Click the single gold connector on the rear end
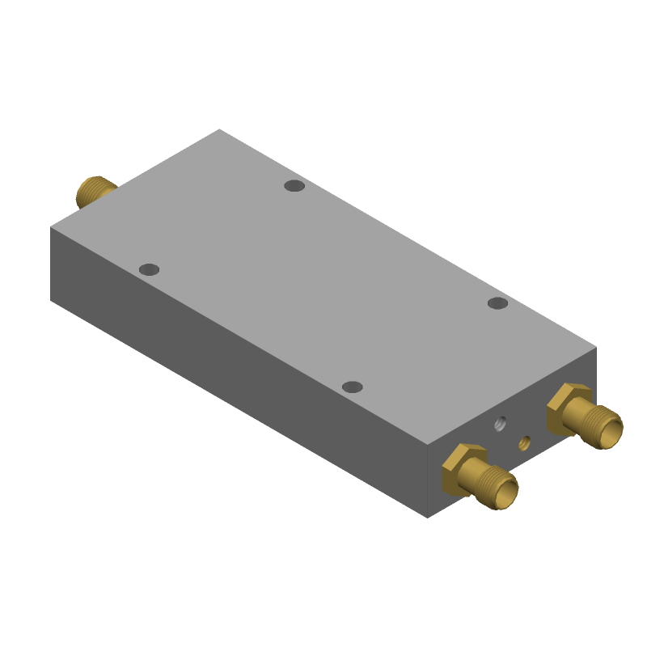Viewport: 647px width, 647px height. pos(95,192)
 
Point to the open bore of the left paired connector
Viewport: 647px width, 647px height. pos(506,492)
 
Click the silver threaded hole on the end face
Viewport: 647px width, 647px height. pos(501,423)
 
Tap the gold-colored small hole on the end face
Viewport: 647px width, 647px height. pos(524,442)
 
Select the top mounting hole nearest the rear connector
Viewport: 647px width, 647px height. pos(149,269)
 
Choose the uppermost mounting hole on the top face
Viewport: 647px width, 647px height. pos(294,186)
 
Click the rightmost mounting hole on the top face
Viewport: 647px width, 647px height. pos(497,303)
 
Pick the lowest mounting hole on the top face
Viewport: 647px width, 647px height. pos(352,387)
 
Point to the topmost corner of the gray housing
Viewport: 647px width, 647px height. pos(219,129)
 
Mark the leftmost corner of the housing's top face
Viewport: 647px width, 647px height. pos(51,227)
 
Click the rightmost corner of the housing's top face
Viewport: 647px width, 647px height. pos(596,348)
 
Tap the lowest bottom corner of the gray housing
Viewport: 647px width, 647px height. pos(428,518)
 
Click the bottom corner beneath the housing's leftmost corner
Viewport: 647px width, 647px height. pos(51,300)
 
